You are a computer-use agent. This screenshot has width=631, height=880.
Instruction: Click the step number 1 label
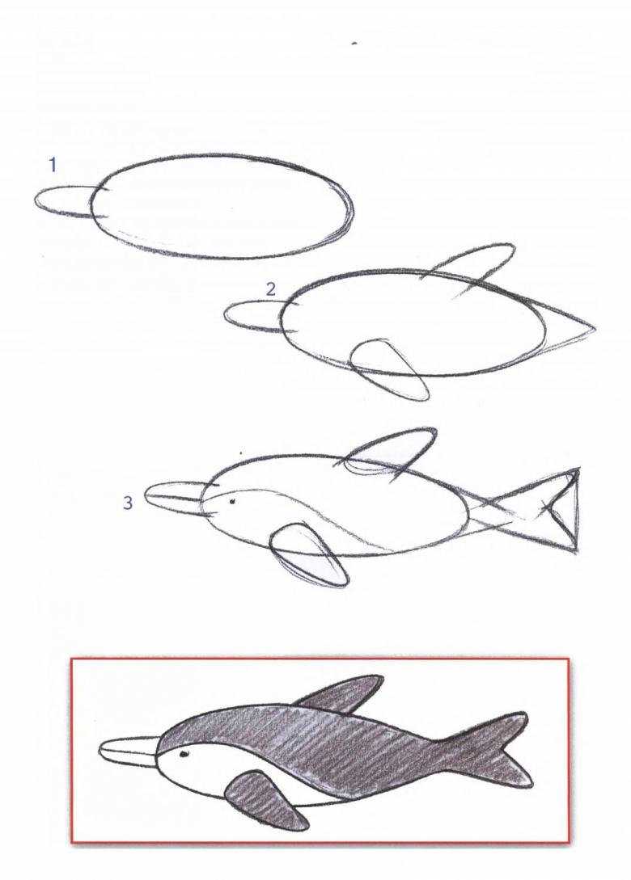coord(53,166)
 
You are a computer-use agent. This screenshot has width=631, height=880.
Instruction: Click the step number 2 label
coord(271,289)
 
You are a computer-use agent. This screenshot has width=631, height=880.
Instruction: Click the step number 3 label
coord(128,503)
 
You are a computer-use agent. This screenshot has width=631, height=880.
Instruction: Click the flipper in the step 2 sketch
coord(387,368)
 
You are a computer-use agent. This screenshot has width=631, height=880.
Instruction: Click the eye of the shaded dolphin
coord(183,754)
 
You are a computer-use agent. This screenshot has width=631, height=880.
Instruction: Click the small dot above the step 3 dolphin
coord(242,453)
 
